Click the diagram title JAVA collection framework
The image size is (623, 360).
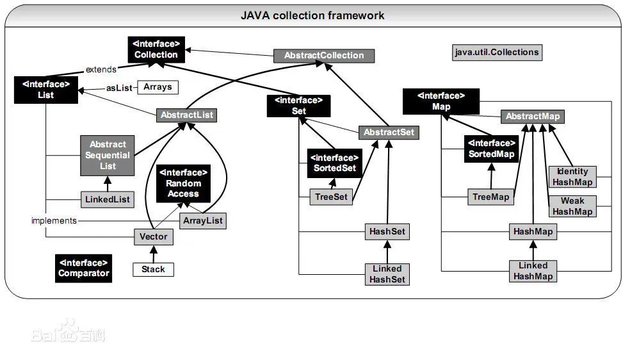coord(312,15)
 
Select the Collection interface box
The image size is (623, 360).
coord(156,49)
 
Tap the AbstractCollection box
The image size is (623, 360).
coord(323,56)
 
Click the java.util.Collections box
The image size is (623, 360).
coord(497,52)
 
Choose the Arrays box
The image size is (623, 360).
coord(158,86)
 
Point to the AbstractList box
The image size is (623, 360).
coord(186,115)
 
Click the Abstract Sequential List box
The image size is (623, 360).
coord(108,155)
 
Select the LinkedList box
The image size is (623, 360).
coord(108,199)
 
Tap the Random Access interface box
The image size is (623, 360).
coord(184,183)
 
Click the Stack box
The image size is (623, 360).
coord(153,270)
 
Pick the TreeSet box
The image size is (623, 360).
coord(331,197)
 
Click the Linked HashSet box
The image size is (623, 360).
coord(387,274)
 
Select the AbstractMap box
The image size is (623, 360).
coord(533,117)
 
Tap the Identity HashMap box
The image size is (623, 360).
coord(572,177)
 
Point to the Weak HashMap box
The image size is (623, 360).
coord(572,206)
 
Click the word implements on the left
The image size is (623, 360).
coord(54,220)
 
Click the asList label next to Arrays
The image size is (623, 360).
coord(118,87)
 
